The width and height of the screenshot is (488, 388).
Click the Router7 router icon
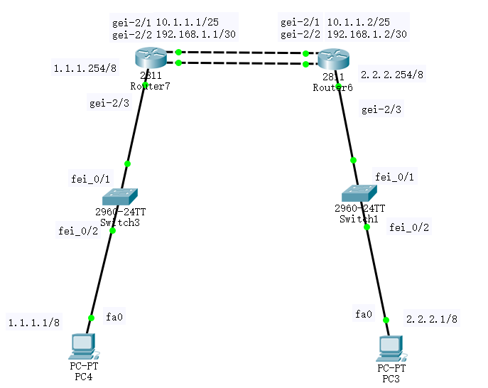[150, 58]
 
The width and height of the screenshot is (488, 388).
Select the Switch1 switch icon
[359, 193]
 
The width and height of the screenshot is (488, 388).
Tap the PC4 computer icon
[83, 347]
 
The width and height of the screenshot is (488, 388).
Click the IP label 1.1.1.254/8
[79, 68]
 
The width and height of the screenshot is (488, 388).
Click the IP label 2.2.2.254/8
[392, 73]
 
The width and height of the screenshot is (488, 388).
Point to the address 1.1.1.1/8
[34, 323]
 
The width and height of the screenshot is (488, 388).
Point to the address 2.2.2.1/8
[431, 319]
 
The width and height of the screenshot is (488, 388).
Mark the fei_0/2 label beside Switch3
[78, 230]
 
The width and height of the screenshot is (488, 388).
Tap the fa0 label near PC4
[114, 316]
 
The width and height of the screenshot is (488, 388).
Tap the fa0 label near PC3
[363, 313]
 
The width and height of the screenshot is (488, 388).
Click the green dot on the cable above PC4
[91, 318]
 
